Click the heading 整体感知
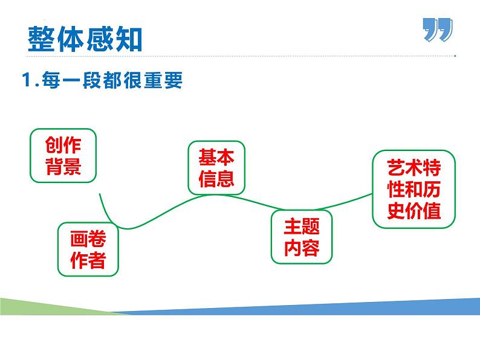[85, 39]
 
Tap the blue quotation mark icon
[437, 30]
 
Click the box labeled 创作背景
[63, 155]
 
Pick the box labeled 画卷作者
[88, 249]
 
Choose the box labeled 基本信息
[216, 169]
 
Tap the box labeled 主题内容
[302, 237]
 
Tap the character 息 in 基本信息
[225, 179]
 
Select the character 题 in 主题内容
[311, 227]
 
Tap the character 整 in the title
[42, 39]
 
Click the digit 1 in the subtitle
[26, 80]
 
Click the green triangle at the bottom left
[36, 306]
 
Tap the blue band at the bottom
[314, 305]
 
